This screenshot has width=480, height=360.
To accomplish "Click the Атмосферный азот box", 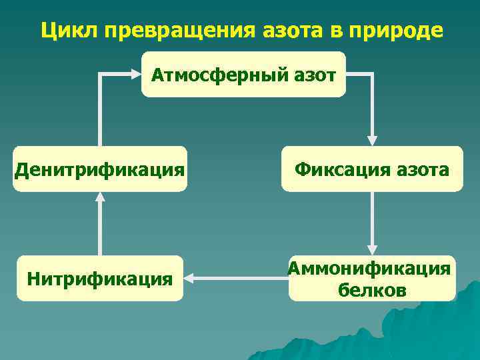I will click(x=243, y=75).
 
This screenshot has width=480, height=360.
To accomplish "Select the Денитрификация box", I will click(x=100, y=169).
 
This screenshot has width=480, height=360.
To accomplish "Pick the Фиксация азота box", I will click(x=372, y=169).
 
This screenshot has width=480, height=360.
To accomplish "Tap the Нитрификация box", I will click(x=100, y=277).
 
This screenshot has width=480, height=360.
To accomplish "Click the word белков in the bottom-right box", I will click(x=372, y=291).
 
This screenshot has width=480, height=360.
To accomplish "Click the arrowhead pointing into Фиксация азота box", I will click(x=372, y=141).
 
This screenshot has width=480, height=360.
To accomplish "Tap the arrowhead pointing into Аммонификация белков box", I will click(x=372, y=250).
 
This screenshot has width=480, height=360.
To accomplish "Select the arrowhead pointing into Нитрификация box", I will click(x=189, y=276).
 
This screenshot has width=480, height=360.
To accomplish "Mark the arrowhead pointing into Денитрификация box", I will click(x=100, y=197).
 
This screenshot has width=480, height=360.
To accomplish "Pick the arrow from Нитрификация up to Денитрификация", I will click(x=100, y=227).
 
